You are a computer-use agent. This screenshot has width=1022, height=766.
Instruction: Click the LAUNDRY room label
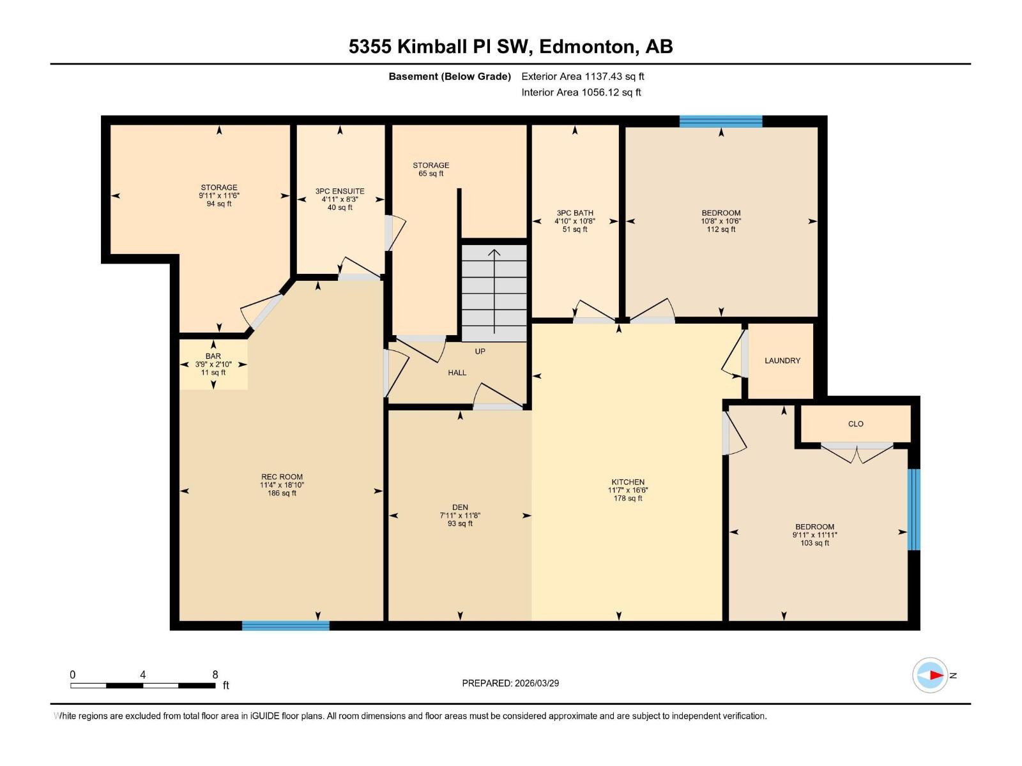[x=782, y=361]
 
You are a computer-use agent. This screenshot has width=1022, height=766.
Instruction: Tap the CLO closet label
[x=855, y=424]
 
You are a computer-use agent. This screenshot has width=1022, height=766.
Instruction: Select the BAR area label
[x=213, y=356]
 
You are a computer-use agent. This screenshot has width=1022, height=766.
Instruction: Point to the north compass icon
[x=930, y=675]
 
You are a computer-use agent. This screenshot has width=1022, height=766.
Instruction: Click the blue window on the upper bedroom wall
[x=721, y=122]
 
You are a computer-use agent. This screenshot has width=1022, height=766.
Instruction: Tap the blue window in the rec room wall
[x=286, y=626]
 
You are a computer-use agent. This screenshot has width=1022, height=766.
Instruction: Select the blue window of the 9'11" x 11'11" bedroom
[x=914, y=509]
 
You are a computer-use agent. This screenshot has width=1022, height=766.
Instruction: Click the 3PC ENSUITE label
[x=340, y=191]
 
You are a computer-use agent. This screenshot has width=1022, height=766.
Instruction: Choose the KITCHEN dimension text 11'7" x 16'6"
[x=628, y=490]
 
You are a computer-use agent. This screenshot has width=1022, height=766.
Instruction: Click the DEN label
[x=460, y=507]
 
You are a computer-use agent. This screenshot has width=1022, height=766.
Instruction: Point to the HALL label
[x=457, y=373]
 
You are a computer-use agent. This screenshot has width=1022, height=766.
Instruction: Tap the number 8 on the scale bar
[x=215, y=675]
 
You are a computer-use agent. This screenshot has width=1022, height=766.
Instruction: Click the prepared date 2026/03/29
[x=537, y=683]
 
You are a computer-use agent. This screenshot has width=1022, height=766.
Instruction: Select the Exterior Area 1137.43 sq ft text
[x=583, y=77]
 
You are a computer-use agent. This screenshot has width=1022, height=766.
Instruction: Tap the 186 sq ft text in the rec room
[x=282, y=493]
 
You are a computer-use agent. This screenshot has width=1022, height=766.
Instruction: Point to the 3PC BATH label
[x=575, y=213]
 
